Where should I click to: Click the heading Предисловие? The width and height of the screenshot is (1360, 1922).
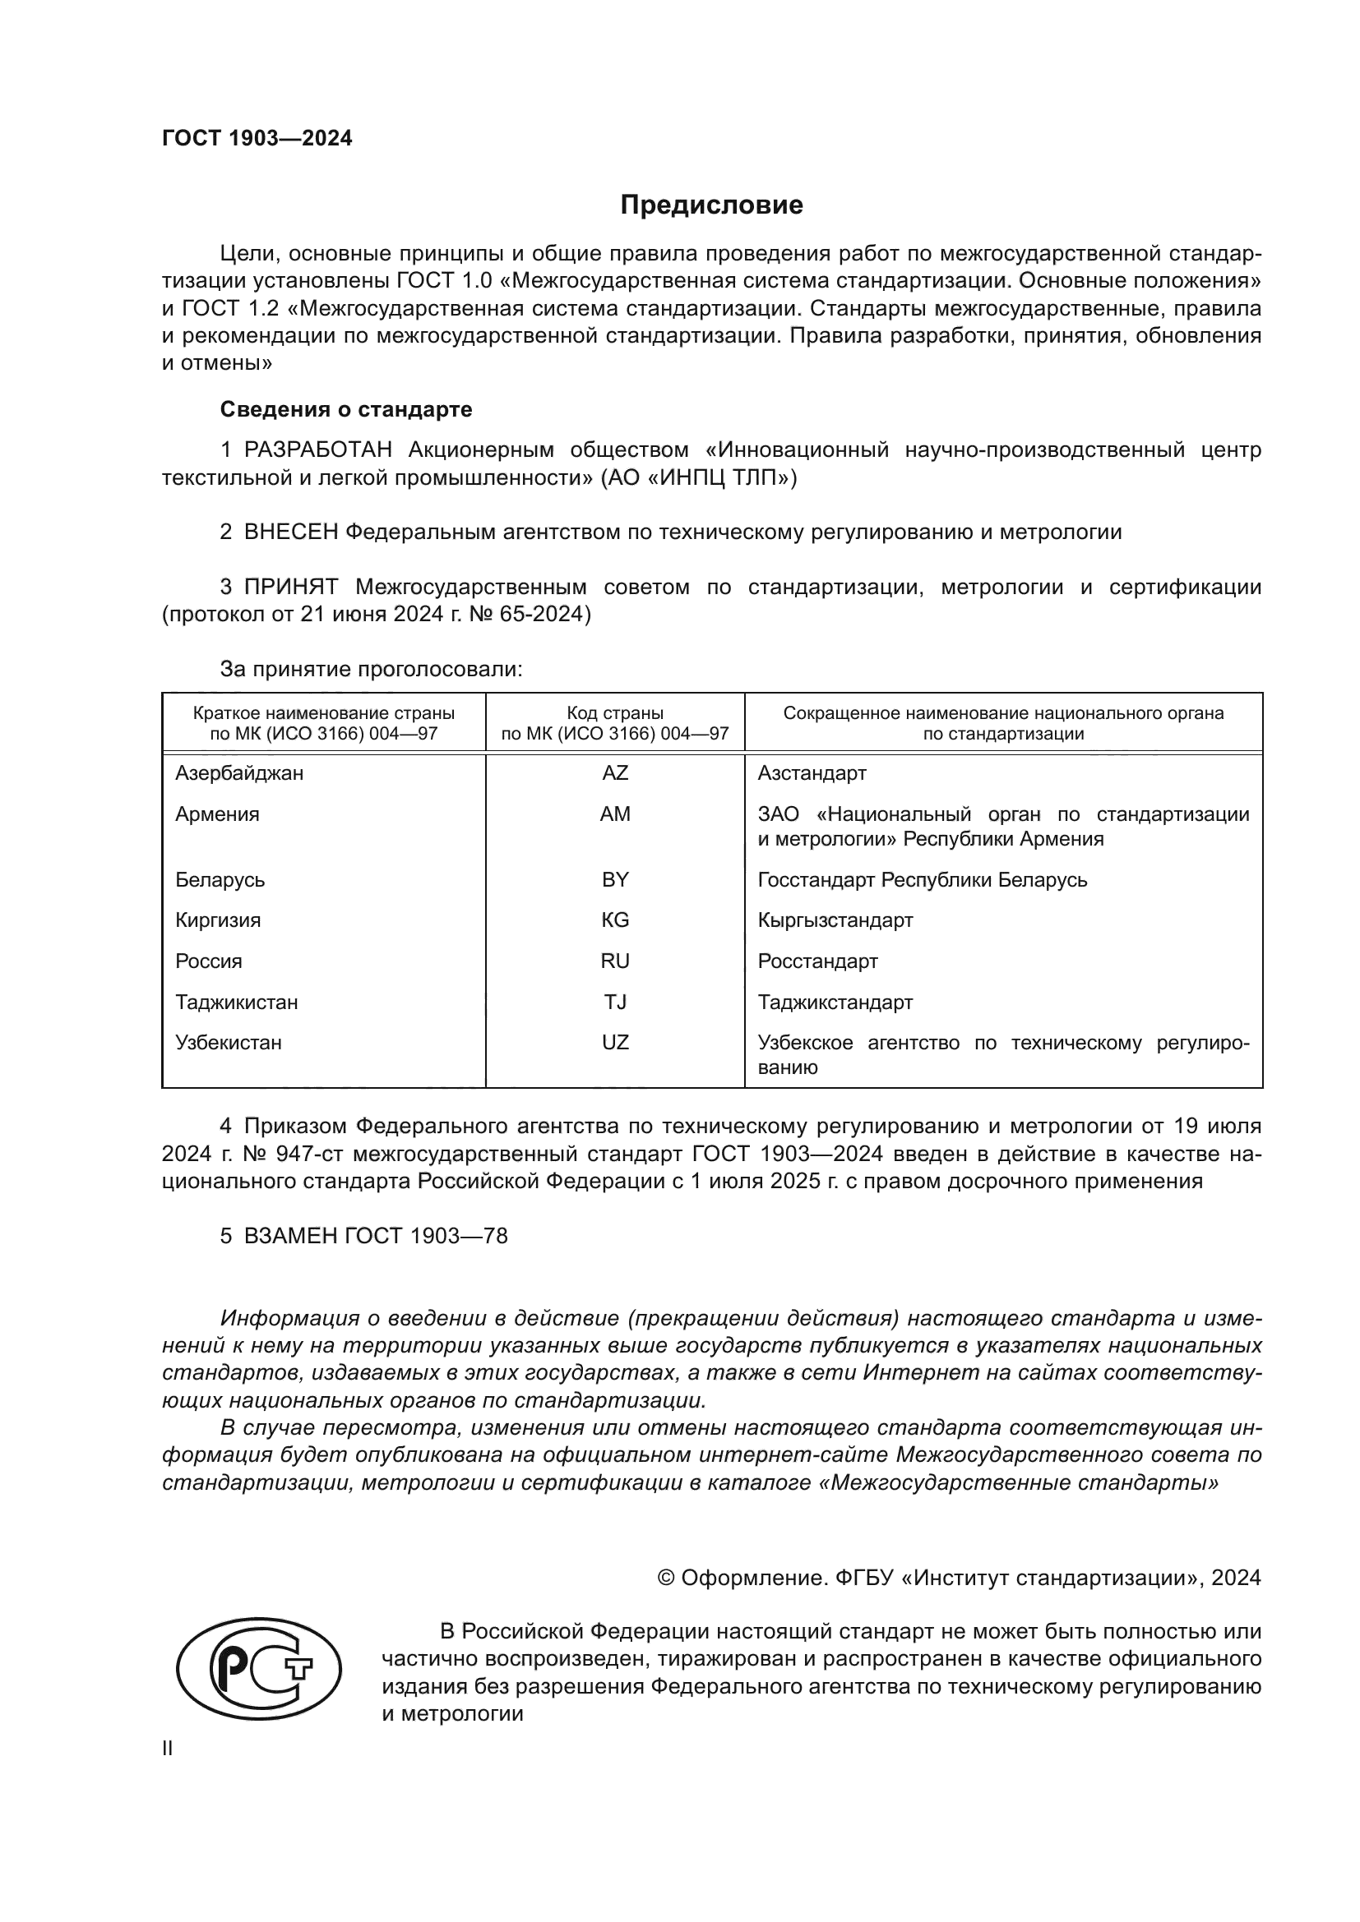click(x=711, y=205)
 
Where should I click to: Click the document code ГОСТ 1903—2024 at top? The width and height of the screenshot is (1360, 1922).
click(x=257, y=139)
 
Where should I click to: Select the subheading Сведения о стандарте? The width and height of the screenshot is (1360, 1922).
click(x=346, y=409)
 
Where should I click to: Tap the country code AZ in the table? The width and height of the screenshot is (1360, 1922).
click(x=615, y=772)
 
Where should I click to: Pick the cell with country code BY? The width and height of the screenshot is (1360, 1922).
click(x=615, y=880)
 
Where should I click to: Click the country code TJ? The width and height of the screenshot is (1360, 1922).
click(x=615, y=1002)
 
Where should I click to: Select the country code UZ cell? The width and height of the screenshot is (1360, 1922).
click(x=615, y=1043)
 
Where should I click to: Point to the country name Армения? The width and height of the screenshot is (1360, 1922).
click(x=217, y=814)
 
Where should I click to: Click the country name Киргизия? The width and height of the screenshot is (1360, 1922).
click(x=218, y=921)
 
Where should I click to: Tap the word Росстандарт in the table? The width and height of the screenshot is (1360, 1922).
click(x=817, y=961)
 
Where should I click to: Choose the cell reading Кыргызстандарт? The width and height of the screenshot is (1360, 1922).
click(x=835, y=921)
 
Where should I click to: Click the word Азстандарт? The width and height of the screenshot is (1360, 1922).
click(x=812, y=773)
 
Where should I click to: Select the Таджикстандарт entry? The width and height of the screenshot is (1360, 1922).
click(x=835, y=1002)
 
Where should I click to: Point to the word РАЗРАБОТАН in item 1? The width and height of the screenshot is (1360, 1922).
click(x=317, y=450)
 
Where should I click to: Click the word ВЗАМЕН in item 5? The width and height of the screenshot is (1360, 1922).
click(x=290, y=1237)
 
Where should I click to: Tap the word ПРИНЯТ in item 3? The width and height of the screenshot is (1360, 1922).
click(x=290, y=588)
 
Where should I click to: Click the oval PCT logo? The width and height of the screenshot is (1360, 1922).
click(x=259, y=1669)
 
